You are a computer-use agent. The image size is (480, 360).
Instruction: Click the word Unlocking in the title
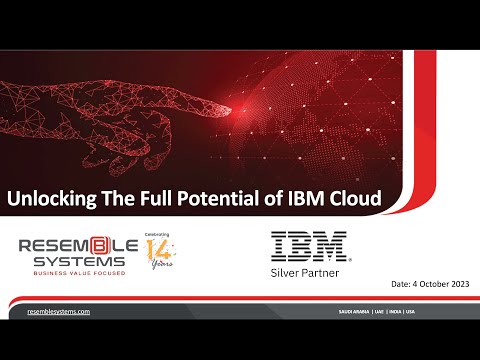[52, 199]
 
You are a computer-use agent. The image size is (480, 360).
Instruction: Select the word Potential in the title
[219, 199]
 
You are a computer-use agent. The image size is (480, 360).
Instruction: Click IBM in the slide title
[306, 199]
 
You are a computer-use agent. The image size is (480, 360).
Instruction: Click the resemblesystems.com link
[58, 313]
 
